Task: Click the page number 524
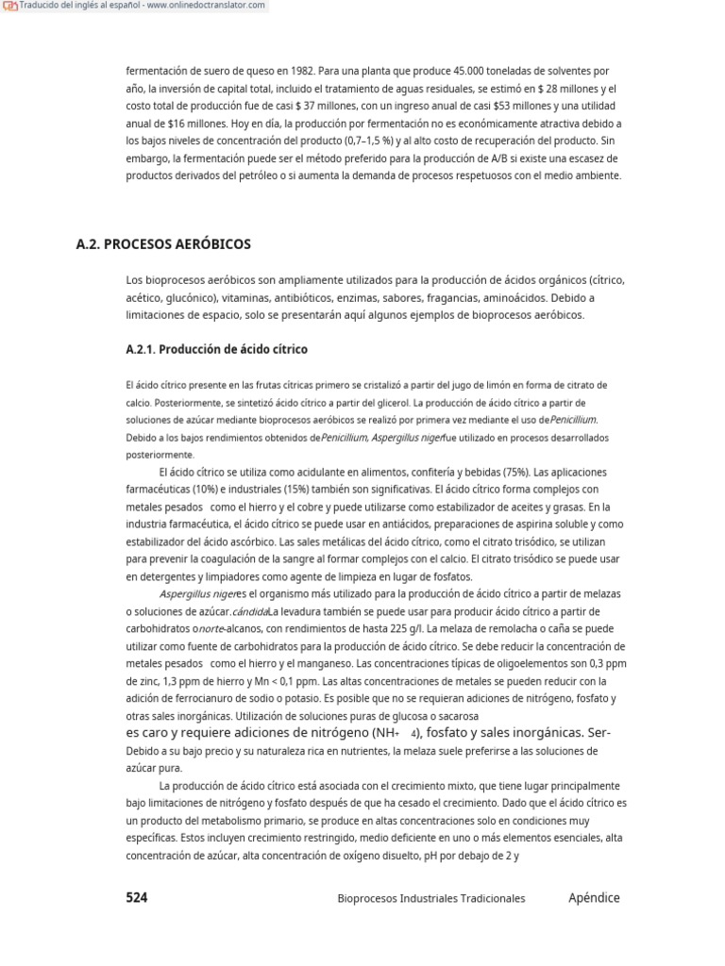pos(136,897)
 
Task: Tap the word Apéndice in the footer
pos(594,897)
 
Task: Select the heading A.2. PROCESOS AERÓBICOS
pos(163,244)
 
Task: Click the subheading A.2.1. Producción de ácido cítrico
pos(216,349)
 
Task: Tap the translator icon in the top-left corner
pos(9,7)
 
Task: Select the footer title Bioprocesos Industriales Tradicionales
pos(431,899)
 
